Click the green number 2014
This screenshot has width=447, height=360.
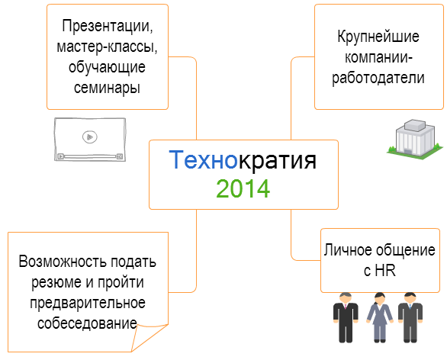pos(243,188)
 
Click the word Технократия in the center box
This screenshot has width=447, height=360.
pos(243,160)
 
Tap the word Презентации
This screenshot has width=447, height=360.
pos(108,27)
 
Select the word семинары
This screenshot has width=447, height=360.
pos(107,88)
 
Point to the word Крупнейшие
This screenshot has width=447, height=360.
pos(378,37)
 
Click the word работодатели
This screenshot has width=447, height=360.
pos(378,78)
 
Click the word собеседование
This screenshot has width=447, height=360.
pos(87,323)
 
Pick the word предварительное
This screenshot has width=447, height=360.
pos(88,303)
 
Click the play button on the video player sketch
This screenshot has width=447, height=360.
pos(90,137)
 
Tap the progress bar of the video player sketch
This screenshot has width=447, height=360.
pos(90,156)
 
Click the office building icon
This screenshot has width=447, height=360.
pos(415,140)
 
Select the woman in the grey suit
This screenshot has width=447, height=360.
pos(379,317)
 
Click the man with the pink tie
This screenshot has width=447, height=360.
pos(346,317)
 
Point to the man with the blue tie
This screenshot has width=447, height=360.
pos(410,317)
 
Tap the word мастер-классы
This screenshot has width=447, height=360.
pos(108,47)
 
